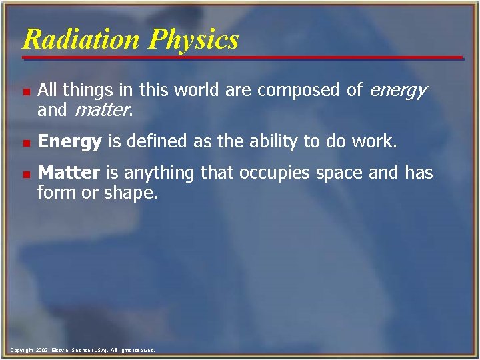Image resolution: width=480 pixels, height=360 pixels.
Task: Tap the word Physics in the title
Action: [194, 40]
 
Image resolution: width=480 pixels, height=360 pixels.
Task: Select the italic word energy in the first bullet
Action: [398, 90]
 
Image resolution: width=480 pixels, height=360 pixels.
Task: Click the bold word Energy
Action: [69, 142]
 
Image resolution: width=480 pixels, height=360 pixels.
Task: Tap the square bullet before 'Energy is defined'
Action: [25, 143]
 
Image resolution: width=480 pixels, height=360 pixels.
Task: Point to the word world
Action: [193, 90]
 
